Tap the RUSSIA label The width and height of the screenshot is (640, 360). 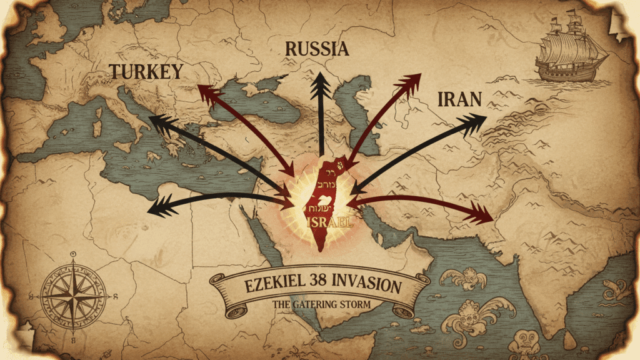point(316,49)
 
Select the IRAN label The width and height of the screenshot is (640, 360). point(459,99)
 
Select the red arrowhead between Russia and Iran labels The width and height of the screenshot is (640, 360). point(411,82)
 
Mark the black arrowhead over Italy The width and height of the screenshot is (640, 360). point(158,123)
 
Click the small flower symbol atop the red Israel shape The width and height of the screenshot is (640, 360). point(341,165)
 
